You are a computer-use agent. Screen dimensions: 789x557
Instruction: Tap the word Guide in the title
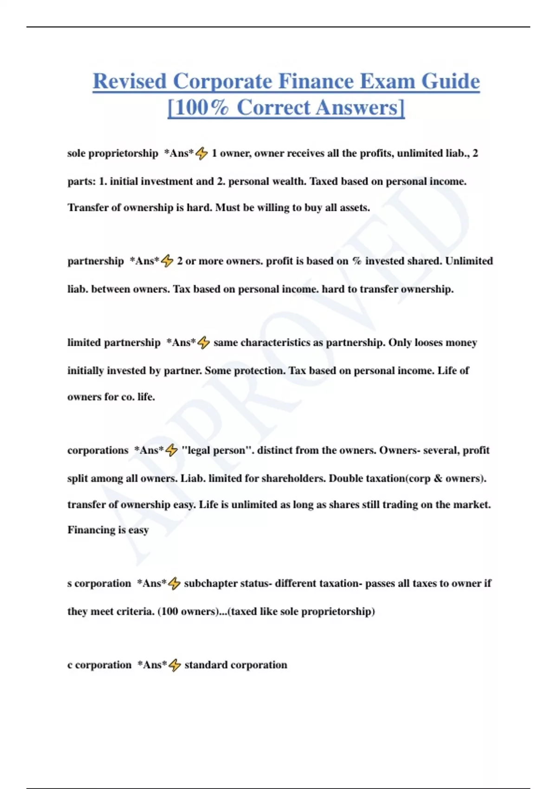click(450, 81)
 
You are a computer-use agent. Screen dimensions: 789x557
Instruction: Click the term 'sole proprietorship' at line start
click(113, 153)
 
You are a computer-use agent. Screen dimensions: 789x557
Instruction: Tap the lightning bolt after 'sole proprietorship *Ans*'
click(202, 153)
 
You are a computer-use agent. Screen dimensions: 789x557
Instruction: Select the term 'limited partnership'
click(114, 343)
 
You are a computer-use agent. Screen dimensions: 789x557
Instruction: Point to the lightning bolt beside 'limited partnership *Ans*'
click(204, 343)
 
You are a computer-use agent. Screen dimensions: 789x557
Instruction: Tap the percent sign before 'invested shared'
click(356, 261)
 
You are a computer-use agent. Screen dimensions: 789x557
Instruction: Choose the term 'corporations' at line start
click(97, 450)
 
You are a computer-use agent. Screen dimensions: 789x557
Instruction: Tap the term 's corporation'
click(99, 583)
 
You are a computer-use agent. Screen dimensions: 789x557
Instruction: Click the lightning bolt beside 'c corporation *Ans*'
click(175, 665)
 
